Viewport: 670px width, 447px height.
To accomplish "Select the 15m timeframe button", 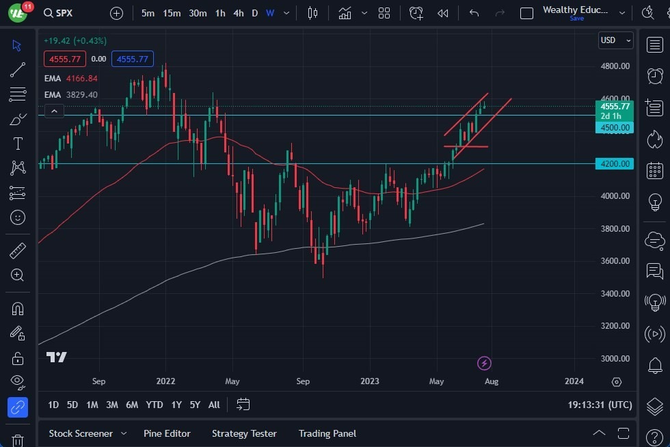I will click(172, 13).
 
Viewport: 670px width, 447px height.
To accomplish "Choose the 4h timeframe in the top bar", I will click(238, 13).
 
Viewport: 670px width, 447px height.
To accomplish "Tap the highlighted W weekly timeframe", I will click(270, 13).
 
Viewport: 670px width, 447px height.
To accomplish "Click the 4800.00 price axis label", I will click(615, 66).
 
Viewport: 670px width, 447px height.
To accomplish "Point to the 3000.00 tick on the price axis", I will click(615, 358).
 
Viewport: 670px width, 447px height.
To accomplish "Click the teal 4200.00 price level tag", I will click(615, 163).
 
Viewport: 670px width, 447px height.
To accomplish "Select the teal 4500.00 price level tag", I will click(615, 127).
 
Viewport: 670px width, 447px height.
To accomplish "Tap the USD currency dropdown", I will click(615, 40).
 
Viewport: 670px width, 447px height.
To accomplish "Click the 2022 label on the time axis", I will click(165, 381).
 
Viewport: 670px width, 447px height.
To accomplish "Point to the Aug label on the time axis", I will click(491, 381).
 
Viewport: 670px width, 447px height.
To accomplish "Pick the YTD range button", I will click(155, 405).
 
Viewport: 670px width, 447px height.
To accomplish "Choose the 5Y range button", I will click(195, 405).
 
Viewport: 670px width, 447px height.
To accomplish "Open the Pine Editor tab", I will click(167, 433).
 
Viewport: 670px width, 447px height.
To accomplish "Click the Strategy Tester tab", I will click(244, 433).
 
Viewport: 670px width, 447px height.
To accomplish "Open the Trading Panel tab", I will click(327, 433).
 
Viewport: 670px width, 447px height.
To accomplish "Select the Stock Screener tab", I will click(80, 433).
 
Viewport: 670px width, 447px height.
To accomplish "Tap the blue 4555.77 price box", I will click(133, 59).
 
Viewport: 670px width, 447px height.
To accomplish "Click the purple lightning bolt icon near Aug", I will click(484, 363).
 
